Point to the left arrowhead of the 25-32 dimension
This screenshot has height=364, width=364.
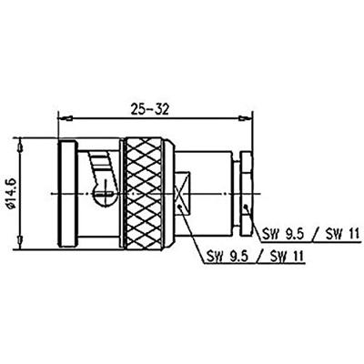pyautogui.click(x=63, y=117)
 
